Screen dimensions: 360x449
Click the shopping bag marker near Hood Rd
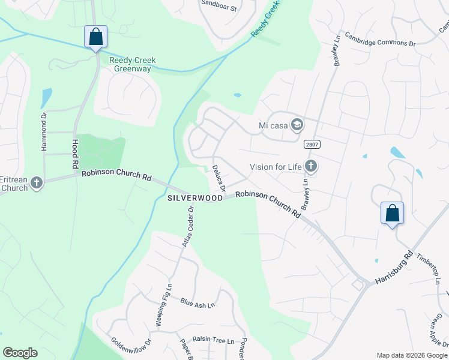click(x=96, y=37)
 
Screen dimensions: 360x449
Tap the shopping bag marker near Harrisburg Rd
click(x=392, y=213)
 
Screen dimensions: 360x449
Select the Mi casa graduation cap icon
click(x=296, y=125)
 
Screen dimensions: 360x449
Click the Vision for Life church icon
click(x=310, y=166)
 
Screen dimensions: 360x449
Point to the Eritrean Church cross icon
click(x=37, y=182)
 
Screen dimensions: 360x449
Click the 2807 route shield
click(x=312, y=144)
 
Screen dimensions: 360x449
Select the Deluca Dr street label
click(x=218, y=179)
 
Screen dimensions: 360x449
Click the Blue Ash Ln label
click(x=197, y=304)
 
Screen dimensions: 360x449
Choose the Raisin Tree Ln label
click(x=213, y=340)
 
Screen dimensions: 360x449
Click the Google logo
click(x=20, y=353)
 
